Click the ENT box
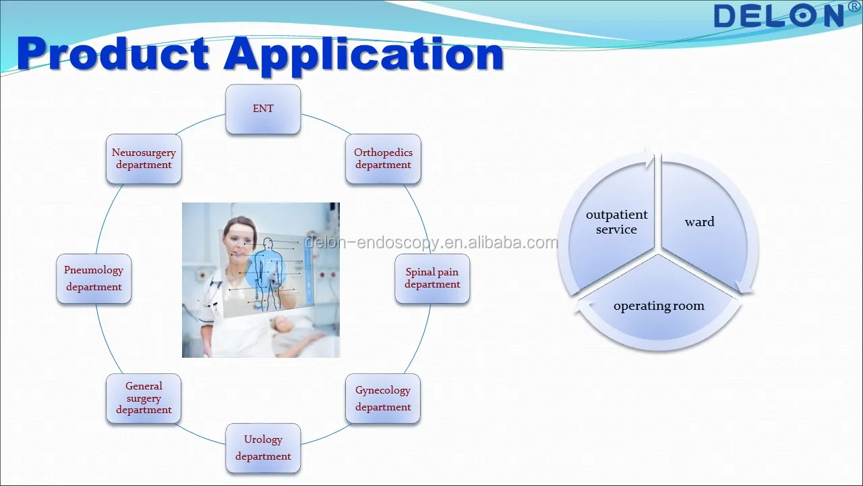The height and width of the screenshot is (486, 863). (x=263, y=109)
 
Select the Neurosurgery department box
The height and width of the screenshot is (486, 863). (x=144, y=159)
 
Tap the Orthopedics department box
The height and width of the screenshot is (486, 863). (x=383, y=159)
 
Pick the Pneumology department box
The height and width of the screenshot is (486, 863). (x=94, y=278)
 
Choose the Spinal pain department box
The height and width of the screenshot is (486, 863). (x=432, y=278)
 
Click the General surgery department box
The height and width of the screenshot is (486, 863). (x=144, y=398)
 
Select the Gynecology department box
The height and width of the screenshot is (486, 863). (x=383, y=398)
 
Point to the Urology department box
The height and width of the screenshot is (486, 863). (x=263, y=448)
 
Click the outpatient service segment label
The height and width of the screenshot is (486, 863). (x=616, y=222)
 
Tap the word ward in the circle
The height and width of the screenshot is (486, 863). (x=700, y=222)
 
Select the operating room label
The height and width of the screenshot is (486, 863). (x=659, y=306)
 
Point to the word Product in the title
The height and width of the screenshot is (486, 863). (x=113, y=53)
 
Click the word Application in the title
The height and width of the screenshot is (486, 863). (x=363, y=55)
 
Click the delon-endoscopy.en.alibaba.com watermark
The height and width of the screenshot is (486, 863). (x=431, y=242)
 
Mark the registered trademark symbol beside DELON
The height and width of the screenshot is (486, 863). (x=854, y=6)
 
